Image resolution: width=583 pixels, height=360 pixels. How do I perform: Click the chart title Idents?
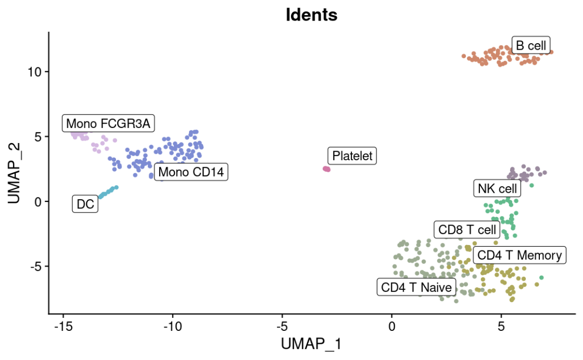point(311,15)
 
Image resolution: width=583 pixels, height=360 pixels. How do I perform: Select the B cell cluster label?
point(531,46)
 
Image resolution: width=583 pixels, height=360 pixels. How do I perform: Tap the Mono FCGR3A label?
point(109,124)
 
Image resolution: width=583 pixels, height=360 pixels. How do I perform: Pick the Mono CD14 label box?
point(191,173)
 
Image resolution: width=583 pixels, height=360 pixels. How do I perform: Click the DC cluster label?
point(85,205)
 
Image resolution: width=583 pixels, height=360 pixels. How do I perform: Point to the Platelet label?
point(352,157)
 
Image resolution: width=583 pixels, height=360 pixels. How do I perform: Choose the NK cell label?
point(497,189)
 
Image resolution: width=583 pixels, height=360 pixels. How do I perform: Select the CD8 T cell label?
point(467,230)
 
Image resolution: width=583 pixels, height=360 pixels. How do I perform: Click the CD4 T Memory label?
point(519,255)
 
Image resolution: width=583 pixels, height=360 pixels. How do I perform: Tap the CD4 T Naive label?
point(416,287)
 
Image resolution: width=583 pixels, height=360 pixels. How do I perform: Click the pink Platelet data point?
point(327,169)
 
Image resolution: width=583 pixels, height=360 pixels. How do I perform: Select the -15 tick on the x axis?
point(63,327)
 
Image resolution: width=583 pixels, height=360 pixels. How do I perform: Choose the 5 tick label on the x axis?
point(501,327)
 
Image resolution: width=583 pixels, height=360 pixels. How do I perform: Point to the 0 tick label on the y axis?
point(38,201)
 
